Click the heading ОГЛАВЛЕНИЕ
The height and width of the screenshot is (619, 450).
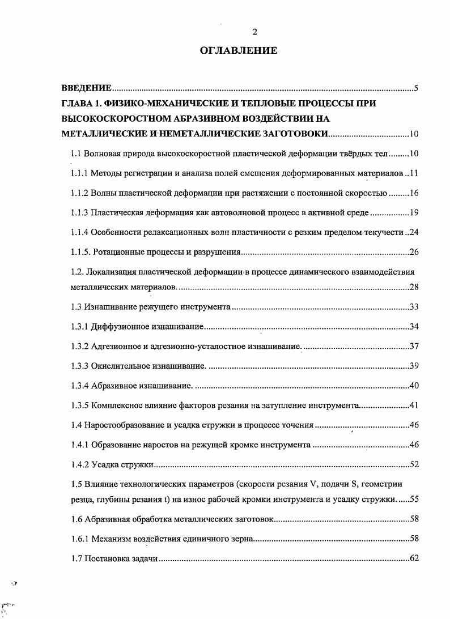(x=239, y=51)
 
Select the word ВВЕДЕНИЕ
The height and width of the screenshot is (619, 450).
(x=86, y=88)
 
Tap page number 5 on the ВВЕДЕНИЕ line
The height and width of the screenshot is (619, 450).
(x=416, y=88)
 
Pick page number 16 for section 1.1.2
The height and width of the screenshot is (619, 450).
(x=414, y=193)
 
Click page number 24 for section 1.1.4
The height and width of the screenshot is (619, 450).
(x=414, y=232)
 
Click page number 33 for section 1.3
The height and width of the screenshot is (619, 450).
(x=414, y=307)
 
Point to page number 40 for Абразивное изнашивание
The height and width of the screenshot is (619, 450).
(x=414, y=386)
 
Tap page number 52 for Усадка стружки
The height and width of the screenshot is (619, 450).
(x=414, y=465)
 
